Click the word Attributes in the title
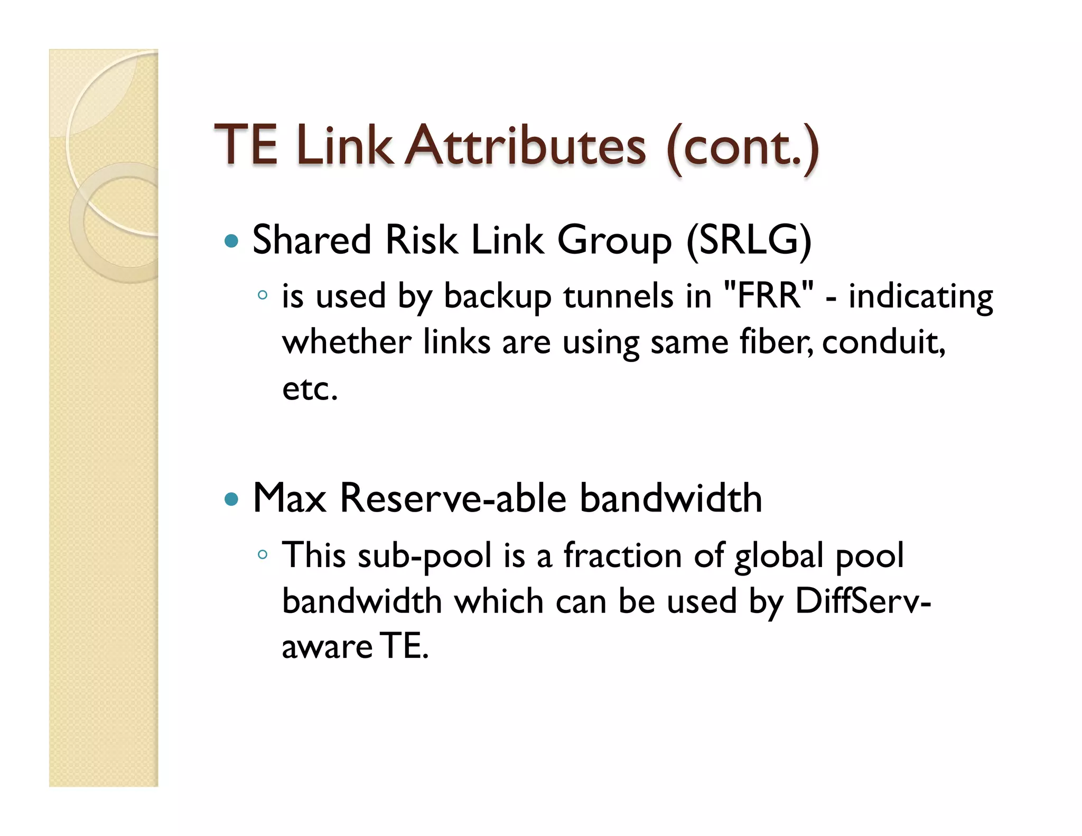[x=527, y=145]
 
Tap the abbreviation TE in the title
[x=246, y=145]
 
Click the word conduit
[x=882, y=342]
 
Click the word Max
[x=290, y=498]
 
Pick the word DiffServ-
[x=862, y=602]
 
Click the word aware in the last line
[x=327, y=647]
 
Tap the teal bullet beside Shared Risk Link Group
[x=231, y=241]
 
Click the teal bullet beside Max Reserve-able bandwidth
[x=231, y=499]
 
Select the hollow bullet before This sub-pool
[x=263, y=554]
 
